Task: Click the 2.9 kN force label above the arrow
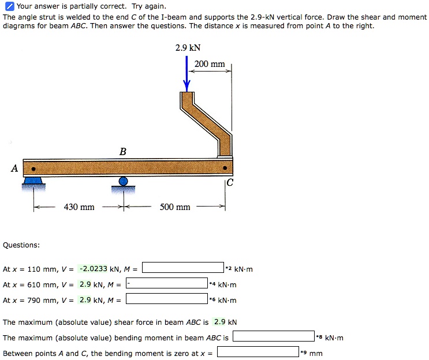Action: tap(188, 48)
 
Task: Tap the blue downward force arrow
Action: tap(187, 74)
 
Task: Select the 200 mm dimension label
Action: tap(210, 64)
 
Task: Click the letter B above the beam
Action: tap(122, 152)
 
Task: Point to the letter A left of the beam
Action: tap(14, 168)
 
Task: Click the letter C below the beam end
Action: tap(230, 183)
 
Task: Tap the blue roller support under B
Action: tap(123, 182)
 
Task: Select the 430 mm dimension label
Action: tap(79, 207)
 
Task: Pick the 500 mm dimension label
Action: tap(175, 207)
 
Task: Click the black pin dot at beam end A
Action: tap(34, 169)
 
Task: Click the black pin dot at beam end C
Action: tap(226, 168)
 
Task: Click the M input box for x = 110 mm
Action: tap(183, 268)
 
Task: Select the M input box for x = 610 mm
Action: tap(167, 284)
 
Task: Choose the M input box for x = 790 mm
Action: tap(167, 299)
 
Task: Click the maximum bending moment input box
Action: tap(273, 337)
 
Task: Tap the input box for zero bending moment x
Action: tap(258, 352)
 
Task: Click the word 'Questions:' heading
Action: tap(21, 245)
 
